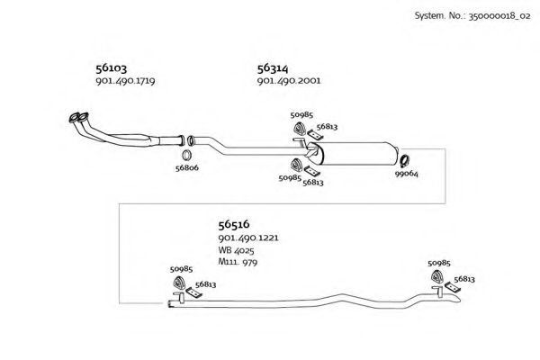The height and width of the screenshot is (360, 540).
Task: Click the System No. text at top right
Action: tap(472, 16)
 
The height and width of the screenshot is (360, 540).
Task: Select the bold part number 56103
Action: tap(112, 68)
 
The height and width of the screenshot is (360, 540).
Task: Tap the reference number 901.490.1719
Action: tap(125, 81)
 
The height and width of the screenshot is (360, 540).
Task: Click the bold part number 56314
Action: tap(273, 68)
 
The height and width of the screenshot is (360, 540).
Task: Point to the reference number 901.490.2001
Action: tap(289, 81)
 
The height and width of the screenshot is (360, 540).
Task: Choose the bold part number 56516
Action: tap(234, 225)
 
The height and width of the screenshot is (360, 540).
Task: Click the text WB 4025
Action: tap(236, 250)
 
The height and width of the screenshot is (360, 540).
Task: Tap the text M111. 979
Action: tap(238, 262)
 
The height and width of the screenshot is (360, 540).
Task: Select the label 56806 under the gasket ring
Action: tap(187, 167)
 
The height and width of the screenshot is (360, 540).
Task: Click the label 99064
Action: tap(407, 174)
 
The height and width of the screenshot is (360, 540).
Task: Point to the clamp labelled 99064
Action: tap(404, 161)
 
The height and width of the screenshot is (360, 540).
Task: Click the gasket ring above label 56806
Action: tap(186, 156)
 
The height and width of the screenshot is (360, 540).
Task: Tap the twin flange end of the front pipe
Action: tap(79, 118)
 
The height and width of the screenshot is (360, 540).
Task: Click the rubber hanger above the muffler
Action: tap(300, 129)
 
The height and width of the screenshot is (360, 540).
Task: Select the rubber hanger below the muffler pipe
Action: tap(296, 165)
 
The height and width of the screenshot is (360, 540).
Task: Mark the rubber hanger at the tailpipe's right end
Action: tap(436, 277)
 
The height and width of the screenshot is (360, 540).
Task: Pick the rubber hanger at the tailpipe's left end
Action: tap(179, 283)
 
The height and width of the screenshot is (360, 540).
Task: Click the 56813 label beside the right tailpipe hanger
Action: tap(464, 279)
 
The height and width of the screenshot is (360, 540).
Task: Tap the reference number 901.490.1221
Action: tap(248, 238)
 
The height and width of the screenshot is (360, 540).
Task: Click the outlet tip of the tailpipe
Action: tap(459, 299)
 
